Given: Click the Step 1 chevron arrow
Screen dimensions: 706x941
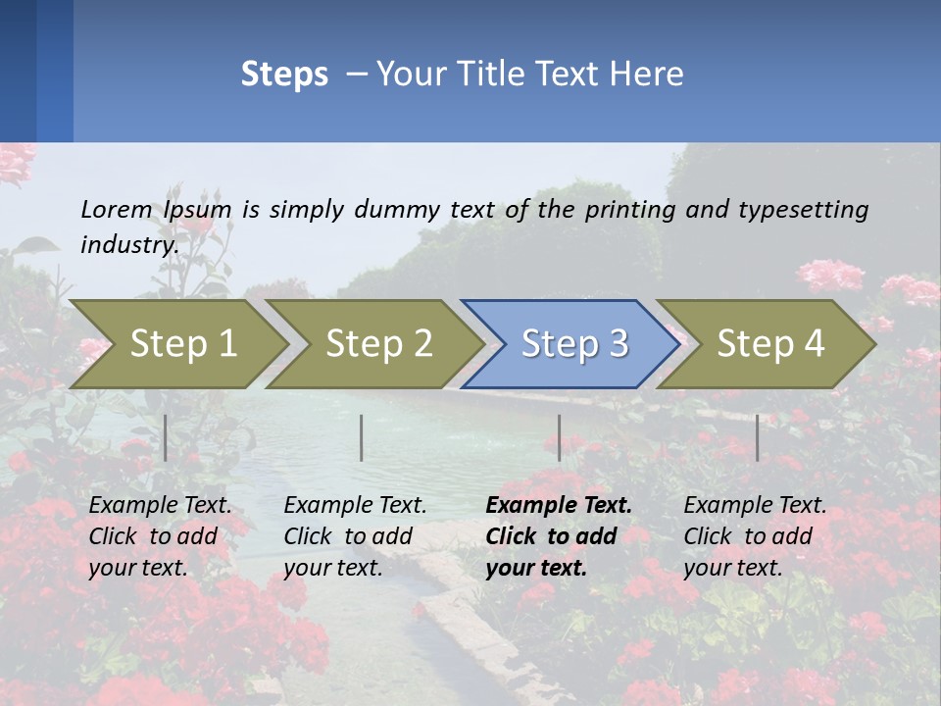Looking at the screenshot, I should click(x=181, y=343).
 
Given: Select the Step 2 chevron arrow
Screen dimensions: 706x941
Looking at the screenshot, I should click(x=377, y=343).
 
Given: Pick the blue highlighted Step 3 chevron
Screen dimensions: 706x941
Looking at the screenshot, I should click(x=573, y=343).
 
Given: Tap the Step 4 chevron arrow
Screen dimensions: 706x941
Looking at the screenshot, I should click(x=769, y=343).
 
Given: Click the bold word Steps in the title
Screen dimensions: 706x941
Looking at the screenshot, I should click(x=284, y=75).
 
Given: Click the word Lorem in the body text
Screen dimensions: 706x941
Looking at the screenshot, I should click(x=117, y=209).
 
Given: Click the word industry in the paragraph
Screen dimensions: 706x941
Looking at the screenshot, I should click(x=128, y=244).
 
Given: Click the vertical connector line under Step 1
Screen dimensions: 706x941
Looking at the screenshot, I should click(x=166, y=437).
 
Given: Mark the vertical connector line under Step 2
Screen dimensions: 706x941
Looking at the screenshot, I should click(x=362, y=437).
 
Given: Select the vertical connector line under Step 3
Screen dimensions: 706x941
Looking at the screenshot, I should click(x=559, y=437).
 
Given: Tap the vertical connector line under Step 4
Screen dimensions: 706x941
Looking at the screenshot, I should click(x=757, y=437).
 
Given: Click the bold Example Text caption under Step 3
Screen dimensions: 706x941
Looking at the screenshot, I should click(x=559, y=506).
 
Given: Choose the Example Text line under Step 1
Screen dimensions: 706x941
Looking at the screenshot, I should click(x=160, y=506).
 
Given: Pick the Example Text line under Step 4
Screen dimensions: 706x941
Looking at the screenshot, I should click(x=755, y=506).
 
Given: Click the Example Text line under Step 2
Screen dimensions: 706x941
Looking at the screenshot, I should click(x=355, y=506).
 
